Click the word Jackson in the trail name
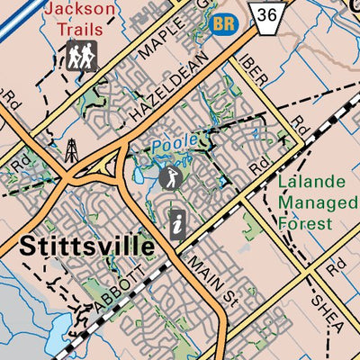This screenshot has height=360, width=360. pyautogui.click(x=80, y=10)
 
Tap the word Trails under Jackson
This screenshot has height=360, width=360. pyautogui.click(x=80, y=29)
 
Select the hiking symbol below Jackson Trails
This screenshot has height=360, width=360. pyautogui.click(x=80, y=56)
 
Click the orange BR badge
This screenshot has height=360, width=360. pyautogui.click(x=224, y=23)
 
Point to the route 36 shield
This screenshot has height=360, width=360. pyautogui.click(x=266, y=16)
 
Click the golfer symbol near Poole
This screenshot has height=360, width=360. pyautogui.click(x=169, y=177)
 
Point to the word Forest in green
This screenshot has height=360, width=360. pyautogui.click(x=306, y=223)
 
